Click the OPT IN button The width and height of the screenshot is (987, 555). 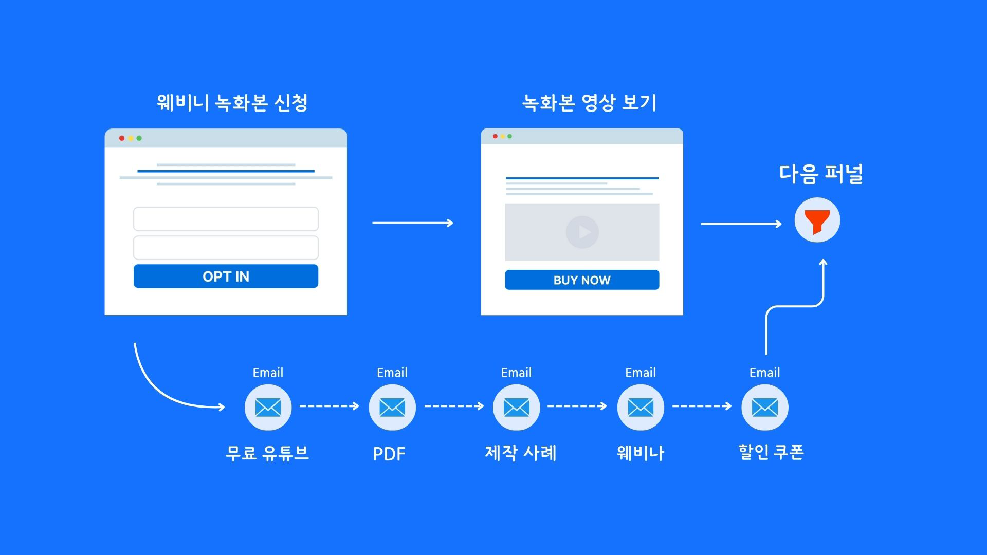(226, 276)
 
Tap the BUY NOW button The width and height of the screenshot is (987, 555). (582, 280)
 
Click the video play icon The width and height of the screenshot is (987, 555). (582, 232)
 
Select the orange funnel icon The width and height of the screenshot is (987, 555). (817, 220)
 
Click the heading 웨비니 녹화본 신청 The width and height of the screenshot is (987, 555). (232, 103)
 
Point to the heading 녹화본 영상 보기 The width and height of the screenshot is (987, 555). (589, 103)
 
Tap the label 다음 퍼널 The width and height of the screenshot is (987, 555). (820, 174)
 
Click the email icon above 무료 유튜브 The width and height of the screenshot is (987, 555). (268, 408)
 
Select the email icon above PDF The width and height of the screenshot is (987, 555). (392, 408)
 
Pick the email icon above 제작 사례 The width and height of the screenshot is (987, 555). (516, 408)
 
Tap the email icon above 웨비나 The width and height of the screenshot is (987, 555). (641, 408)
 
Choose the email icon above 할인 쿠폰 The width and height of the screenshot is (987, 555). (764, 408)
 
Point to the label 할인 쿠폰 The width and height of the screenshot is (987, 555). (771, 453)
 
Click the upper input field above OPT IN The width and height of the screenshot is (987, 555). (226, 219)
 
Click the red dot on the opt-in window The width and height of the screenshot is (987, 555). (122, 138)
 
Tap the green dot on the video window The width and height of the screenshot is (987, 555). (510, 136)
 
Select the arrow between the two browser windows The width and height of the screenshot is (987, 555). (413, 223)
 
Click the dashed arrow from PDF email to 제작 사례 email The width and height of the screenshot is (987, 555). (454, 406)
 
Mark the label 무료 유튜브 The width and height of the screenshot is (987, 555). (267, 453)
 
